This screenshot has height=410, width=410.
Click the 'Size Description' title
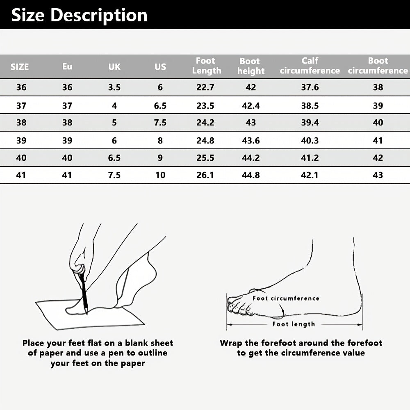point(79,15)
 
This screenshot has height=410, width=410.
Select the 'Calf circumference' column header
point(310,66)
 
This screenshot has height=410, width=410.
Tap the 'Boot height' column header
point(251,66)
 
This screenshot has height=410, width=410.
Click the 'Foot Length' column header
point(207,66)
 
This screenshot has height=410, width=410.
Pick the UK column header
point(114,67)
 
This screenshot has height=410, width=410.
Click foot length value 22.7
point(205,87)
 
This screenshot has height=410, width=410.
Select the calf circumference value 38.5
point(310,106)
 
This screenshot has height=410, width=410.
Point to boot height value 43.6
point(251,141)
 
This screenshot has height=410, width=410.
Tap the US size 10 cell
point(160,175)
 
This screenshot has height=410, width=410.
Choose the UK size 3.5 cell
point(114,87)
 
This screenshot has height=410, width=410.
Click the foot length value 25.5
point(205,158)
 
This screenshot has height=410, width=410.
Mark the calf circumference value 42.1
point(310,175)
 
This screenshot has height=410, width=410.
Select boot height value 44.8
point(251,175)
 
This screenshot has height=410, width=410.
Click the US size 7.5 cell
point(160,123)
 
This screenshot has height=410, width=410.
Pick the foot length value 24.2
point(205,123)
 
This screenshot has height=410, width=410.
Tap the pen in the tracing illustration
point(83,292)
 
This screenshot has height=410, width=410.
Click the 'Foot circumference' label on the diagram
point(286,298)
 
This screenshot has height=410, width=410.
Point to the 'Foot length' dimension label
point(294,324)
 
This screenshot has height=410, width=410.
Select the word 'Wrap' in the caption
point(231,343)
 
